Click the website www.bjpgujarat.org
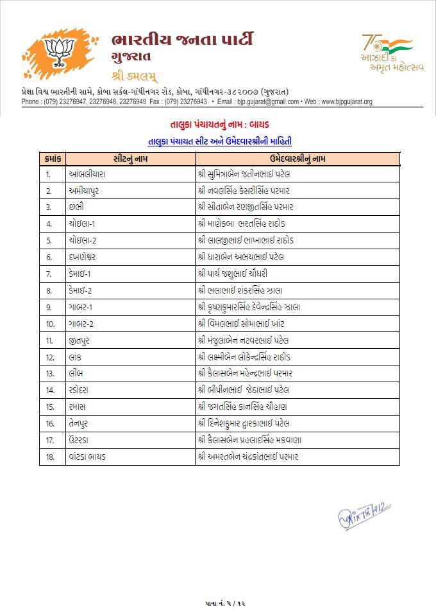click(346, 101)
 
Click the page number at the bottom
click(218, 602)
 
